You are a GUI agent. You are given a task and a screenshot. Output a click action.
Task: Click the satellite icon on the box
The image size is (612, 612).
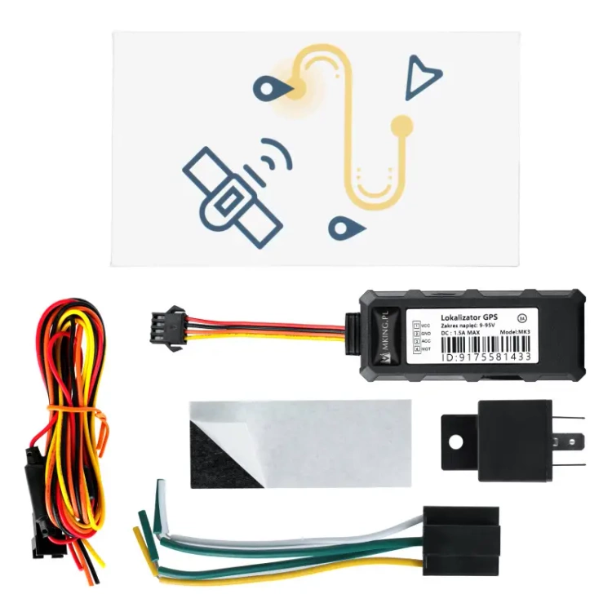(232, 196)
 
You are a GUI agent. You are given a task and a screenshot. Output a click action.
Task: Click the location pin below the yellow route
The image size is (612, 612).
(341, 225)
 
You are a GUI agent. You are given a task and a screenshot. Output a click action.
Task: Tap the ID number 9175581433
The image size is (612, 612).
(486, 357)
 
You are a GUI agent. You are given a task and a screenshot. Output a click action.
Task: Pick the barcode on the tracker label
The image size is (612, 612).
(486, 347)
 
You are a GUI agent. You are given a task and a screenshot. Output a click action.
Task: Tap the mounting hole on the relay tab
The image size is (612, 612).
(455, 441)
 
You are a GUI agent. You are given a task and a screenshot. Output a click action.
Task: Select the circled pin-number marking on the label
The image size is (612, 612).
(523, 317)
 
